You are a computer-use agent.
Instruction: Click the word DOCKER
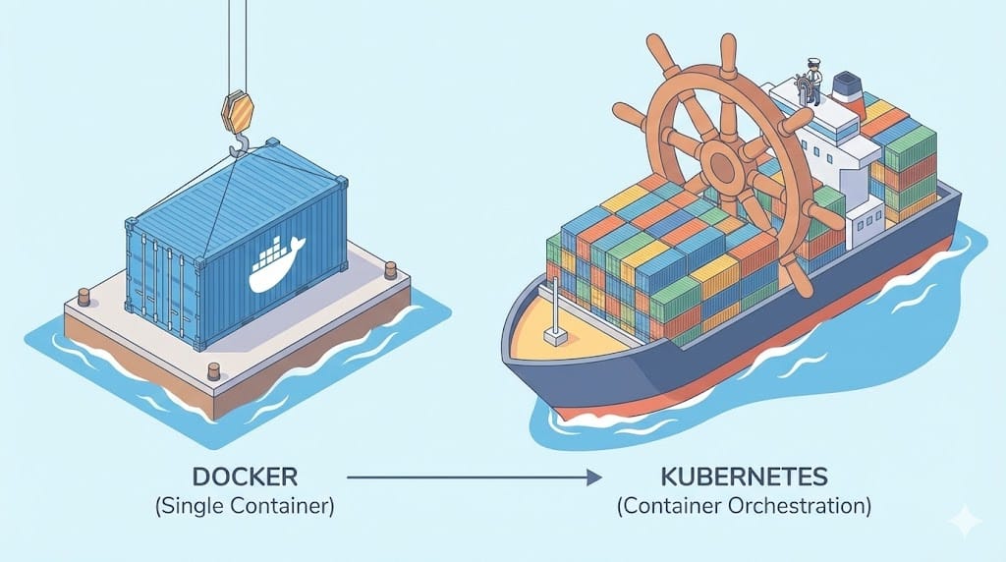coord(244,478)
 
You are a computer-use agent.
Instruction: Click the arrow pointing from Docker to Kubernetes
coord(473,478)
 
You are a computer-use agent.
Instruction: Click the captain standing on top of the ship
coord(810,79)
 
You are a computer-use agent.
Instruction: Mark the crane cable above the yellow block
coord(237,44)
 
